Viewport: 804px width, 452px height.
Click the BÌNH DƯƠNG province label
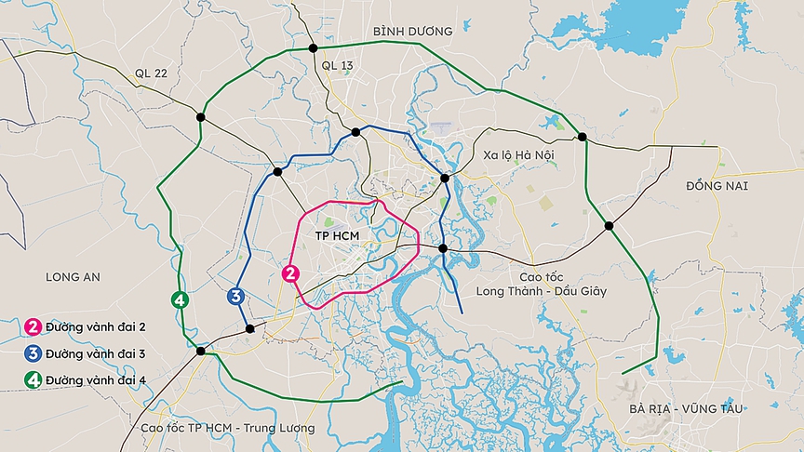coord(412,32)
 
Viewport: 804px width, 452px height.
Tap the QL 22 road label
coord(152,73)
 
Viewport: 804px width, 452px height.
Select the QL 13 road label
coord(337,65)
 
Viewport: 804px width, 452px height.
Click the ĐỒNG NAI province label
coord(717,186)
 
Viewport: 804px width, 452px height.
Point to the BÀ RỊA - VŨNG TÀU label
coord(679,408)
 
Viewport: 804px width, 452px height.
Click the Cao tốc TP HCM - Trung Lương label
coord(228,428)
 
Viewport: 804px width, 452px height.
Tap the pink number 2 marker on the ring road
coord(291,273)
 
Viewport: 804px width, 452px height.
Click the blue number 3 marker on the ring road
coord(235,297)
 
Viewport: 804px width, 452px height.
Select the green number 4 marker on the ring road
coord(180,299)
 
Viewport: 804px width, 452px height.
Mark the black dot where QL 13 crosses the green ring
coord(314,48)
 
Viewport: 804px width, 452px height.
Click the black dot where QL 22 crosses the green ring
coord(201,116)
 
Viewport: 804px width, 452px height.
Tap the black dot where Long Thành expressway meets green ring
coord(609,225)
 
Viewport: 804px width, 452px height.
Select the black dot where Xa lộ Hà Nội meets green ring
coord(583,137)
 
